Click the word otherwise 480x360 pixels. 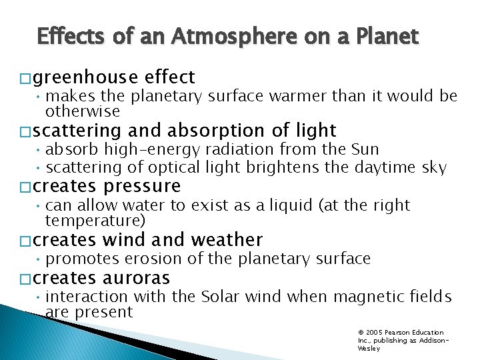[83, 111]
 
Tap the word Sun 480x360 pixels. [365, 149]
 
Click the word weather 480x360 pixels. [227, 239]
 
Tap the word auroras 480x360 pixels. [137, 278]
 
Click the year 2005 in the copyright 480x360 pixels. [375, 333]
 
